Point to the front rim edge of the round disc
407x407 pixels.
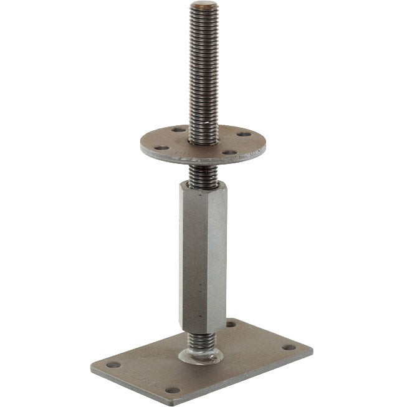click(x=199, y=161)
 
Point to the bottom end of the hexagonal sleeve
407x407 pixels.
click(x=200, y=330)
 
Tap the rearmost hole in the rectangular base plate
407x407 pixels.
click(x=232, y=325)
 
